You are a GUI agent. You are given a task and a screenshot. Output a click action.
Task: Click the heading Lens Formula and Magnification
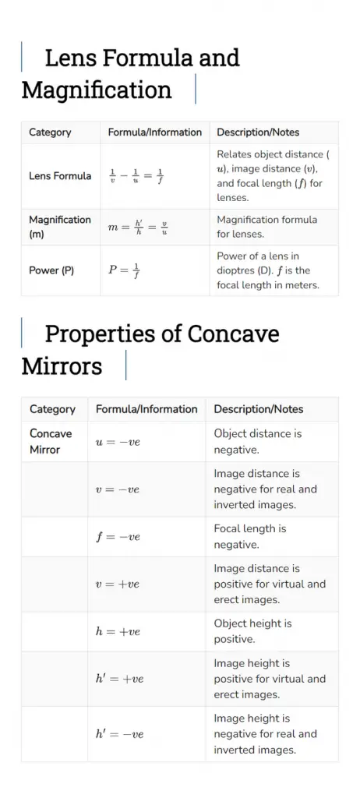[130, 74]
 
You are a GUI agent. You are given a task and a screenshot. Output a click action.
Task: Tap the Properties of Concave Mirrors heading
[150, 350]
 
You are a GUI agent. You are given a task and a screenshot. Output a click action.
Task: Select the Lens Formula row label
[60, 176]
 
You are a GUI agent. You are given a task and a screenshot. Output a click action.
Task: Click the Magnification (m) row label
[60, 227]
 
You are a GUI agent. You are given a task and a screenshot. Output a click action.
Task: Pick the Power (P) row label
[51, 270]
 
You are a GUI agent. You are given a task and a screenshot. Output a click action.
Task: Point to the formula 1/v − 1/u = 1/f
[136, 176]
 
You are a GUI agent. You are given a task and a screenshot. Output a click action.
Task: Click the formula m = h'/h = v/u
[138, 228]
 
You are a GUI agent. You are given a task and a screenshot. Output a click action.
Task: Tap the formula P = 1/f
[124, 270]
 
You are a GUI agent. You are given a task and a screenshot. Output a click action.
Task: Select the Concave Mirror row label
[51, 441]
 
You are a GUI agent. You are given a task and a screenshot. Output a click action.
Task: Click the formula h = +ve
[118, 631]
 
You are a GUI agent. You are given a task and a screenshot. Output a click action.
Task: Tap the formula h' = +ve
[119, 679]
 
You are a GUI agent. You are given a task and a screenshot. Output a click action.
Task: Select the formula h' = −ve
[119, 734]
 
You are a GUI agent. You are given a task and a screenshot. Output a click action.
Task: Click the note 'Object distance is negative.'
[257, 441]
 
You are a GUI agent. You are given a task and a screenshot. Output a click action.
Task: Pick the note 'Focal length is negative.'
[249, 536]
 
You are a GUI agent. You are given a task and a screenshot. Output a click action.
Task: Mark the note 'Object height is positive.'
[252, 631]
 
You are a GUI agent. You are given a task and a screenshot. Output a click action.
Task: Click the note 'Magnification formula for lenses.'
[266, 227]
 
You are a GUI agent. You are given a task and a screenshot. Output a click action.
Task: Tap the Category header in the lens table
[50, 132]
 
